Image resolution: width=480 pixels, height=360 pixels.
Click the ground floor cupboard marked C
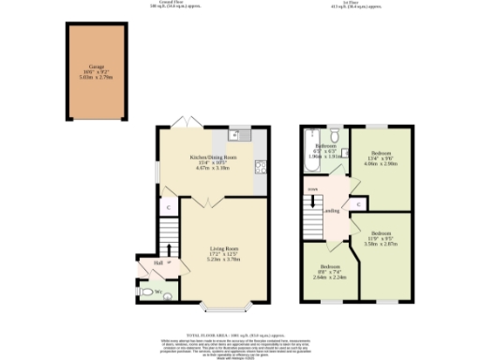(168, 205)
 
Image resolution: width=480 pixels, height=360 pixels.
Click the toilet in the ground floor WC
(150, 292)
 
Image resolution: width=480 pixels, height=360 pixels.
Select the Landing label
(330, 211)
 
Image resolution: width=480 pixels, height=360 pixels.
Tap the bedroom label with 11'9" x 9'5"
(382, 237)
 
